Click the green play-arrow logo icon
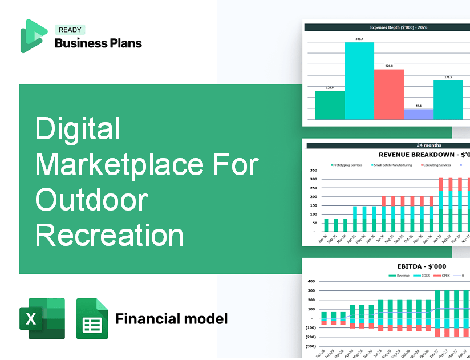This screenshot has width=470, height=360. [x=33, y=36]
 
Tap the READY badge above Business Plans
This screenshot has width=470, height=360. [x=70, y=30]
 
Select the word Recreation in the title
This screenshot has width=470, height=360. [x=110, y=234]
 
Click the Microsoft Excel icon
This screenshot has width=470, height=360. [x=42, y=318]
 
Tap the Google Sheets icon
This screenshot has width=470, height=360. [x=92, y=318]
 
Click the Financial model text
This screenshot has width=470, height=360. [x=171, y=318]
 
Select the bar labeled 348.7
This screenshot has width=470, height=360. [x=359, y=80]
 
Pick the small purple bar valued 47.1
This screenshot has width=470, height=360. [x=418, y=114]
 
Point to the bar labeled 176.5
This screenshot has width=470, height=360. [x=448, y=100]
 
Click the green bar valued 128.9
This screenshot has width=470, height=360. [x=330, y=105]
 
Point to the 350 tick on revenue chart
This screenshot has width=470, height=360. [x=313, y=170]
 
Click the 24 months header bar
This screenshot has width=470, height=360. [x=388, y=145]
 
